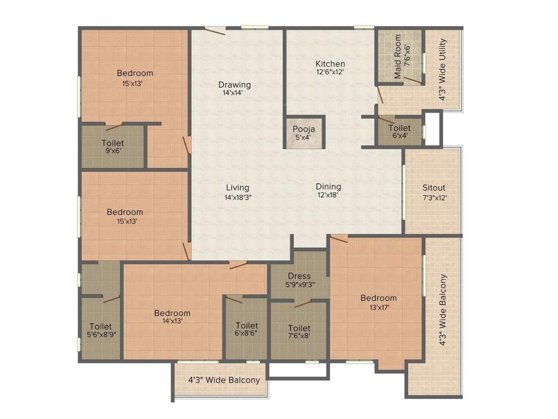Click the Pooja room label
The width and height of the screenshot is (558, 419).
(x=304, y=129)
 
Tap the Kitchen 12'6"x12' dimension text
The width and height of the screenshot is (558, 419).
(x=330, y=71)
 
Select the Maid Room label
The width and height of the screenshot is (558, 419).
(x=398, y=56)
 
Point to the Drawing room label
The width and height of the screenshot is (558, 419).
(x=234, y=85)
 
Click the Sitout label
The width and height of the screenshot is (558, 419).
(x=434, y=188)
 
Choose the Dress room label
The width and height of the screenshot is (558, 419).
(x=300, y=276)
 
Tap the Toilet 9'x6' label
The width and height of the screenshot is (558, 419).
(x=112, y=143)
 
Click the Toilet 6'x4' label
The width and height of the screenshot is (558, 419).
(x=399, y=128)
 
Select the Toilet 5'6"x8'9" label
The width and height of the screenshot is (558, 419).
(x=101, y=326)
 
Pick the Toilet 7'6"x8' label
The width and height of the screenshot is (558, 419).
(x=299, y=328)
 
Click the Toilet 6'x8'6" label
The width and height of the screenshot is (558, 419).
(x=246, y=326)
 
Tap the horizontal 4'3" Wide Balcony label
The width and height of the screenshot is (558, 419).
(x=224, y=380)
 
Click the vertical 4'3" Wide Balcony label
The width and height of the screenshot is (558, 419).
(x=444, y=310)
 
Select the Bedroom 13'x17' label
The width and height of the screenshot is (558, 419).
(x=378, y=298)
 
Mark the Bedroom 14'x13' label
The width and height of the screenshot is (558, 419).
(x=172, y=313)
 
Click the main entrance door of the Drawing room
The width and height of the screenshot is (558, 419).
(x=215, y=31)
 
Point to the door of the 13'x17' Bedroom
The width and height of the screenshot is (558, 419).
(x=339, y=238)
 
